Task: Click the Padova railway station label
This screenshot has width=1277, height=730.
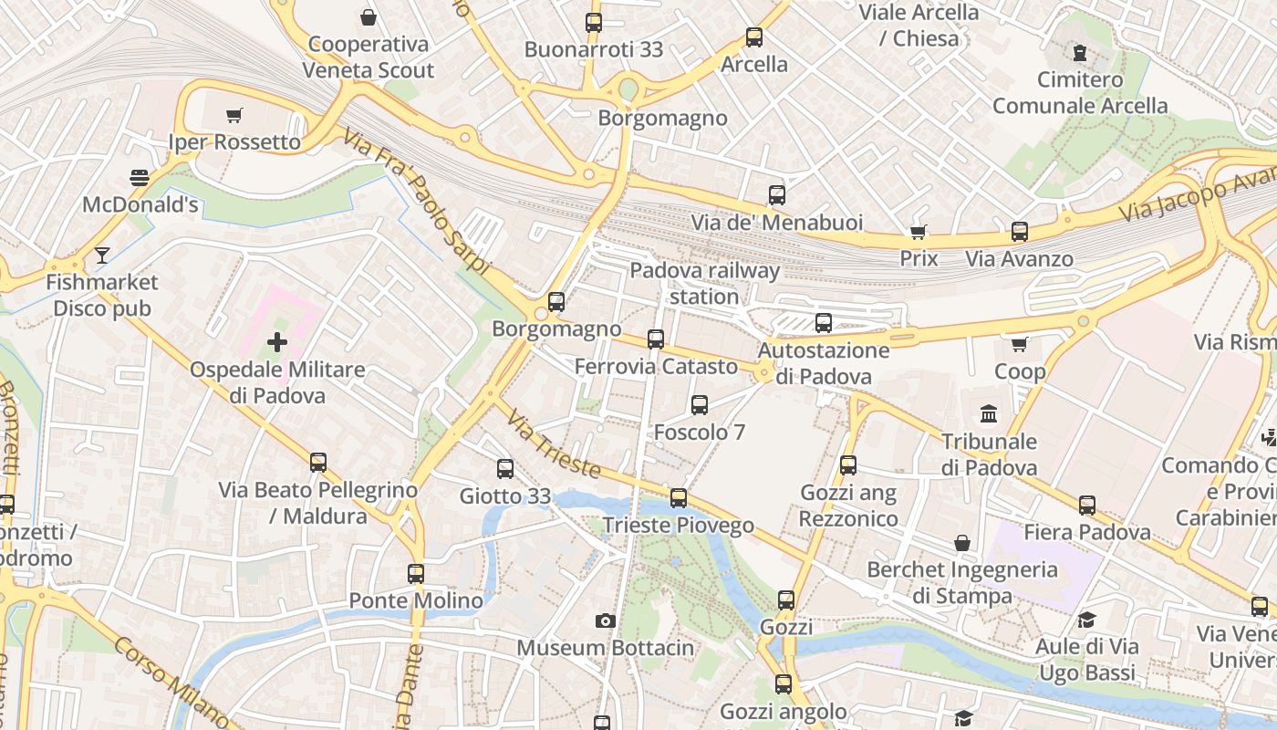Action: point(704,283)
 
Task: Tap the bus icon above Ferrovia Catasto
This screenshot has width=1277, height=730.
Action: point(655,339)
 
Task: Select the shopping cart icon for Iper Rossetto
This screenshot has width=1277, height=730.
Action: point(234,115)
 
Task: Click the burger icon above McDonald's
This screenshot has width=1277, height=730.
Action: point(140,177)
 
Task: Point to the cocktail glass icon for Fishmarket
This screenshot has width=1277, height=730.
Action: point(102,255)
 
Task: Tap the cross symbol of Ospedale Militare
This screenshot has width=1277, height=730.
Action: point(277,342)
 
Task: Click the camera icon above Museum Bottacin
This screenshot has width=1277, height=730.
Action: point(605,620)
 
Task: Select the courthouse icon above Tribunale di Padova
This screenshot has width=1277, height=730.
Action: point(989,414)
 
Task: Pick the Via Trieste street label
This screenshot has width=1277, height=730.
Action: point(554,445)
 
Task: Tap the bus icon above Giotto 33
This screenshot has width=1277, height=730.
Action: point(504,469)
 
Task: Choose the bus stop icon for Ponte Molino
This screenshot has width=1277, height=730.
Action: point(416,574)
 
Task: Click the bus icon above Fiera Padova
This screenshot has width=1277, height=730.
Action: point(1086,505)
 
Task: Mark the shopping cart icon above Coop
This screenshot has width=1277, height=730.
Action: point(1020,344)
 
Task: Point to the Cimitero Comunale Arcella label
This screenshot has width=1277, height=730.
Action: point(1080,92)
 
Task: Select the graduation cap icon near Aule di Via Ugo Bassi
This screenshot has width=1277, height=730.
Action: point(1086,620)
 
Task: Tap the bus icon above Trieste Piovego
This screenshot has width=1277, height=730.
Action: point(678,498)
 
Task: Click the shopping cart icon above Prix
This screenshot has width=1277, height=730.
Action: point(919,231)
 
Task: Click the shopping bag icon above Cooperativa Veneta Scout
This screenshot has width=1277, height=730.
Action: point(369,16)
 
